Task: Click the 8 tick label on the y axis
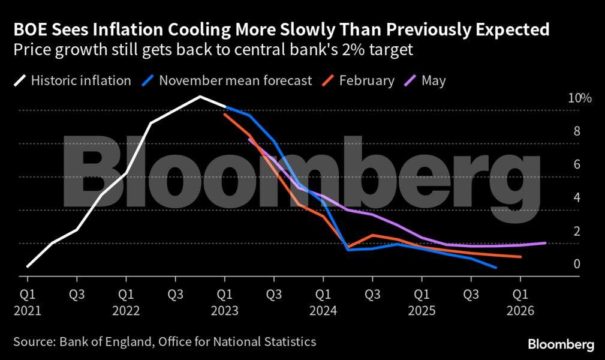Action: tap(577, 131)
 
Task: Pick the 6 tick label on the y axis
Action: tap(577, 164)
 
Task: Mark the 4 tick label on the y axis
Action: tap(577, 197)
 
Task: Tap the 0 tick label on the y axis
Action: tap(577, 264)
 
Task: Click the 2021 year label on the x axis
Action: tap(27, 311)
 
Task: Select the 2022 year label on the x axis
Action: tap(125, 311)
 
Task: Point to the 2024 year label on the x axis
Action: tap(323, 311)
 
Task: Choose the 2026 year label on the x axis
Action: tap(520, 311)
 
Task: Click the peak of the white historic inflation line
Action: tap(200, 96)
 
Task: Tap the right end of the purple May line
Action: tap(545, 243)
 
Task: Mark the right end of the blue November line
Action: tap(496, 268)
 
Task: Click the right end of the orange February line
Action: tap(520, 257)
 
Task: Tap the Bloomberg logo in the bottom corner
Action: tap(561, 344)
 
